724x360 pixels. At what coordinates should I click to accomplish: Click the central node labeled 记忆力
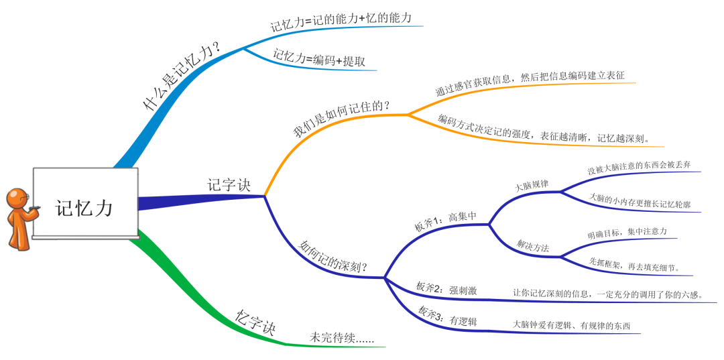tap(85, 208)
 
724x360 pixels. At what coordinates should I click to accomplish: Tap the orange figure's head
tap(16, 198)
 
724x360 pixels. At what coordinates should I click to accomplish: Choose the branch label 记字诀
tap(229, 184)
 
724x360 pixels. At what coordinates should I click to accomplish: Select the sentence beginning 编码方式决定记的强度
tap(542, 129)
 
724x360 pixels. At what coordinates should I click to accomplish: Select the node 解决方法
tap(532, 245)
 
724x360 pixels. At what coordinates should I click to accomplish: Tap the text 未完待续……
tap(341, 338)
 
